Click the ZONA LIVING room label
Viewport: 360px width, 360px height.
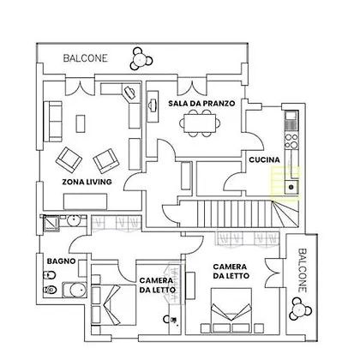click(87, 182)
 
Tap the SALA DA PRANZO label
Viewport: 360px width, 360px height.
click(201, 103)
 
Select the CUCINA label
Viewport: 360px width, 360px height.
click(264, 159)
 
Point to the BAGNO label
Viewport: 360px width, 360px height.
click(61, 261)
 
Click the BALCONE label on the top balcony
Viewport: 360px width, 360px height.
click(85, 58)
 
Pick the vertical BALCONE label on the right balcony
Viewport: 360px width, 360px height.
click(303, 270)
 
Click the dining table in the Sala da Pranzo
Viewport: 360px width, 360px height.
click(200, 123)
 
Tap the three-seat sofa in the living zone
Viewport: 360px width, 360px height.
click(53, 122)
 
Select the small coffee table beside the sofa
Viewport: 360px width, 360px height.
click(81, 123)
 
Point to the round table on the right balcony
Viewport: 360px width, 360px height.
click(299, 309)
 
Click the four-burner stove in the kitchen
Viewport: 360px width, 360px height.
click(291, 141)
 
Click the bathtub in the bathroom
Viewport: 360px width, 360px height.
click(75, 290)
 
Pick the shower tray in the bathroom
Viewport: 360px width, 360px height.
click(51, 223)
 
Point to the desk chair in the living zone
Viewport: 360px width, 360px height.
click(129, 93)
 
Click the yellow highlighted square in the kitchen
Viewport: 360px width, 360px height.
click(285, 183)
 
